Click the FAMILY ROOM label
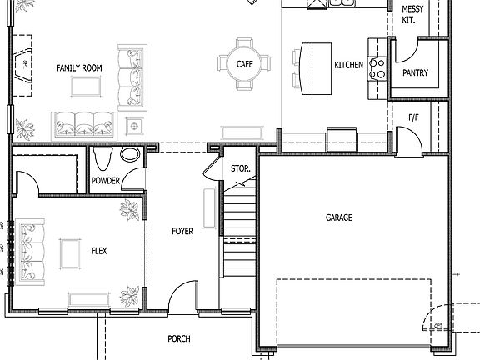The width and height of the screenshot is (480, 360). tap(78, 67)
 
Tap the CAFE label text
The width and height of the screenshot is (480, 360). tap(244, 63)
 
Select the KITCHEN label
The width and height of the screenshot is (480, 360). tap(348, 65)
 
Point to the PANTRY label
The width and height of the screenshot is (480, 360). tap(414, 73)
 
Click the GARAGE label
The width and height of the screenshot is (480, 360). tap(338, 217)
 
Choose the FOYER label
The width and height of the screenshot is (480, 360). tap(182, 231)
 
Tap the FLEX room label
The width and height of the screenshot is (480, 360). tap(98, 250)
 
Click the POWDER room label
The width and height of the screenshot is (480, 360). tap(106, 181)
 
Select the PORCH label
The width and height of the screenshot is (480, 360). tap(178, 338)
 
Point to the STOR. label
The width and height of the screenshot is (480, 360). tap(240, 169)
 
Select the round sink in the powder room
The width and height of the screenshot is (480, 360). tap(130, 155)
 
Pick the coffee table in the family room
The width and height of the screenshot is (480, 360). tap(85, 86)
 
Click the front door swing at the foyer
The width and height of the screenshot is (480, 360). tap(181, 297)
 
